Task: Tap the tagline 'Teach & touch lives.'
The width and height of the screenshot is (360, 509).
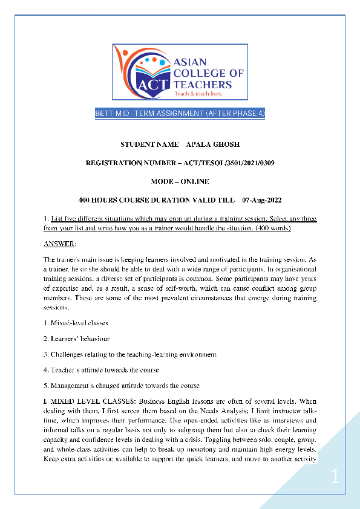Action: [199, 94]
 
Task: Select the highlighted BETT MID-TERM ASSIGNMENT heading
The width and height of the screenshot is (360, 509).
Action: [180, 114]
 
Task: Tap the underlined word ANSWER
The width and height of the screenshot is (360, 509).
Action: [59, 244]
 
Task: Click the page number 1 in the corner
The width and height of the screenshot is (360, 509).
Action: [335, 478]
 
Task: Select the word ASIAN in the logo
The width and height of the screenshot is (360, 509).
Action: [190, 62]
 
